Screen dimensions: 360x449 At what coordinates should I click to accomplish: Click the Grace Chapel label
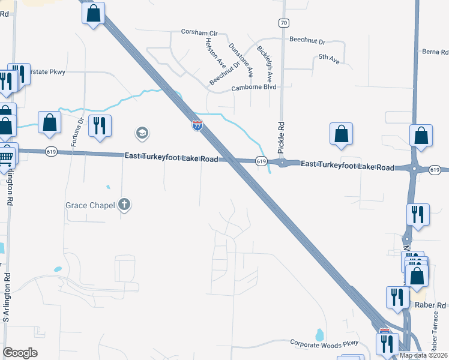[x=89, y=206]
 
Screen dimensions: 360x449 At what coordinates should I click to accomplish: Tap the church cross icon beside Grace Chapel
[x=124, y=205]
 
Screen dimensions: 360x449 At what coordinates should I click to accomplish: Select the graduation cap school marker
[x=142, y=133]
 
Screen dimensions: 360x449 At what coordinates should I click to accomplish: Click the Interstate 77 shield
[x=197, y=125]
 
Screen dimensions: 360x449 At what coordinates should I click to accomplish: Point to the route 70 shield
[x=283, y=23]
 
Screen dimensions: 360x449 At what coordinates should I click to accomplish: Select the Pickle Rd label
[x=280, y=136]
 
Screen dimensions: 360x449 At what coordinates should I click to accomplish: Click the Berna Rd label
[x=435, y=52]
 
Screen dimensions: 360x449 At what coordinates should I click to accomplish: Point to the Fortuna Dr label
[x=76, y=133]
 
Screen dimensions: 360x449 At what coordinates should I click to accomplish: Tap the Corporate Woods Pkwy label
[x=324, y=343]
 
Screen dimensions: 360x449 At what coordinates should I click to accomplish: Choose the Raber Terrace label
[x=435, y=332]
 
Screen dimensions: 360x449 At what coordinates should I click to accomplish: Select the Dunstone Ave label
[x=241, y=60]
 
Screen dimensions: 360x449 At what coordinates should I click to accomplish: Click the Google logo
[x=20, y=353]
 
